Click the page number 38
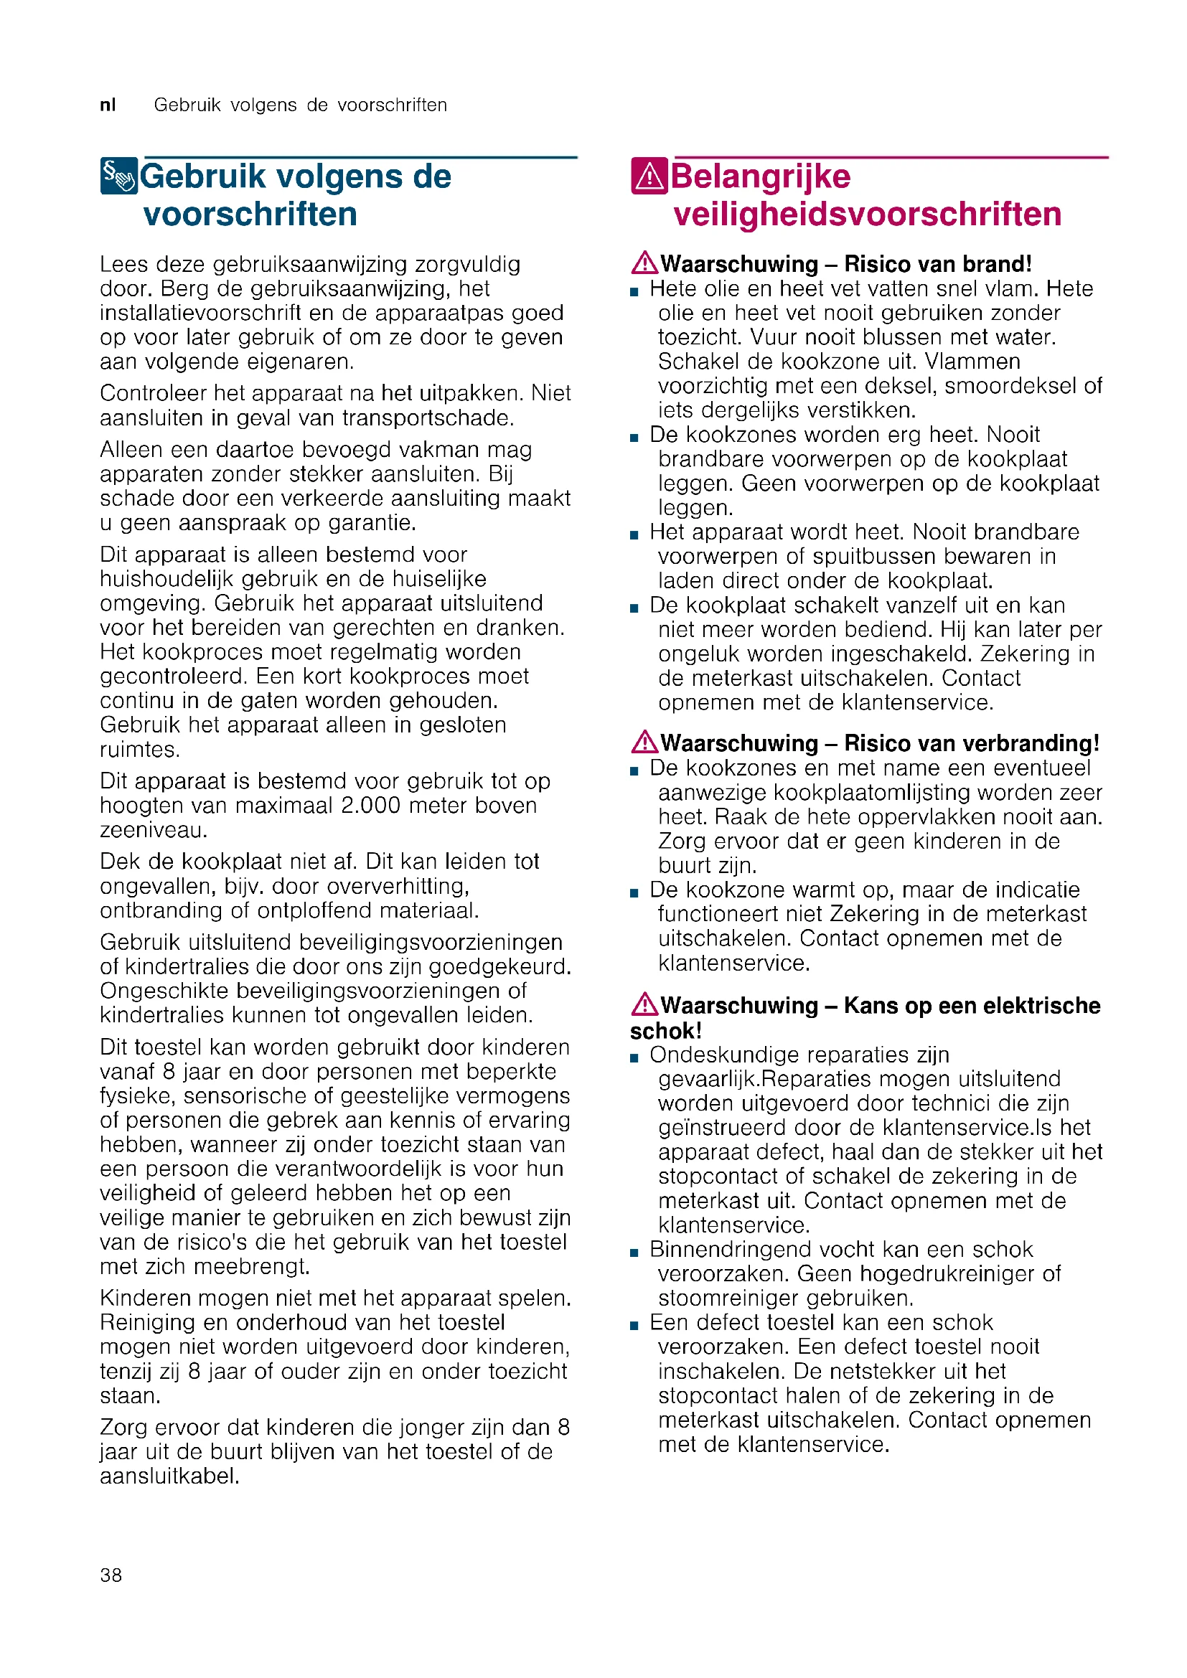[x=111, y=1575]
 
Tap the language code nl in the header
[x=108, y=105]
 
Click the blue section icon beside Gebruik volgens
[x=118, y=176]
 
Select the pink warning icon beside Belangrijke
[x=648, y=176]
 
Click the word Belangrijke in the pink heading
[x=760, y=177]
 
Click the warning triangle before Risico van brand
[x=644, y=263]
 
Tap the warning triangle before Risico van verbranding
[x=644, y=743]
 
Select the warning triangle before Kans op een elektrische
[x=644, y=1005]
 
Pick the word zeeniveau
[x=154, y=830]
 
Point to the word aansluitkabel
[x=169, y=1476]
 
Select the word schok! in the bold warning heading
[x=666, y=1031]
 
